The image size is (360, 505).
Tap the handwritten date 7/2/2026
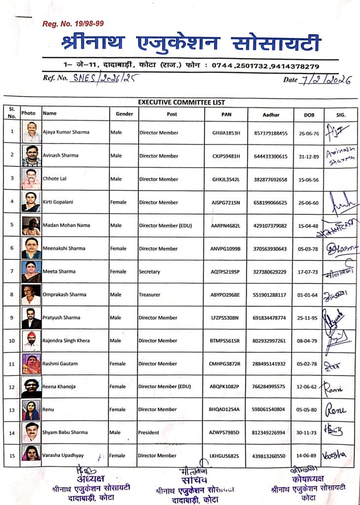325,79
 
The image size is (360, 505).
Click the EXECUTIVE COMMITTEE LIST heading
181,103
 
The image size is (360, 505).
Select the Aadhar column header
271,114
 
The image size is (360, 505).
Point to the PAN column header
225,114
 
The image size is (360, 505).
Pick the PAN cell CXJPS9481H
226,156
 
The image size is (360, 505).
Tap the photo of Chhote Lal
31,179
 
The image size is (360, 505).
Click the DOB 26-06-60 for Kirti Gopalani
309,202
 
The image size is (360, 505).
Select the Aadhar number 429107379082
270,225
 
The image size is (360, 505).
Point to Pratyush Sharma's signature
334,316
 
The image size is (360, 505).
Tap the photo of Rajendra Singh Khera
31,341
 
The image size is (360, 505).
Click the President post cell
149,433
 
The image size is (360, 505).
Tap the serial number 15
12,456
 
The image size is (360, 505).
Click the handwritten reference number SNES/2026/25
106,77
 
